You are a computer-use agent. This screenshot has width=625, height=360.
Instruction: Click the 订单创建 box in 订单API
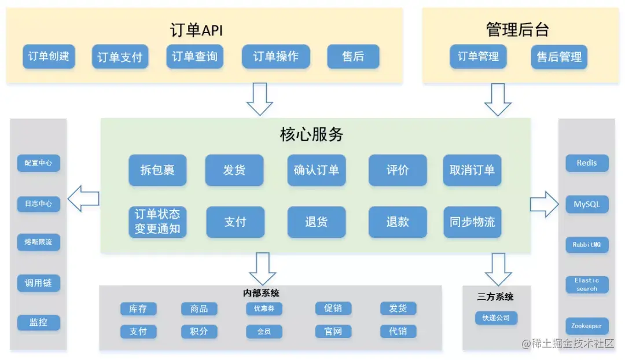(49, 57)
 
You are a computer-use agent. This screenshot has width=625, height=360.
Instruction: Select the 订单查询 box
(194, 57)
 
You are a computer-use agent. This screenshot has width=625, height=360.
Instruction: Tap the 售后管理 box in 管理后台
(559, 57)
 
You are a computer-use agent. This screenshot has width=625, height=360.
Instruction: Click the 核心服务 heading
(311, 135)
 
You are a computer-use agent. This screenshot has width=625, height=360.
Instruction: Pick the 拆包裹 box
(157, 170)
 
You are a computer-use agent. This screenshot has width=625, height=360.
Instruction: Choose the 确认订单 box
(316, 170)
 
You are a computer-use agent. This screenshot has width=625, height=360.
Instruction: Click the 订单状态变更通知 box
(157, 222)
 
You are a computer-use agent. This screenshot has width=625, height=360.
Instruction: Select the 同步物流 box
(472, 222)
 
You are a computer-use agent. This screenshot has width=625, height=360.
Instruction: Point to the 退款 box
(398, 222)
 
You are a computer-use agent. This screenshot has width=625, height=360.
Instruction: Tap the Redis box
(587, 163)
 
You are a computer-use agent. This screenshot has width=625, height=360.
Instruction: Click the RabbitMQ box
(587, 245)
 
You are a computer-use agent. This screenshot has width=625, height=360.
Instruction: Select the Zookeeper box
(587, 326)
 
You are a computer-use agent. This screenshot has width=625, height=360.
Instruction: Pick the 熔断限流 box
(38, 242)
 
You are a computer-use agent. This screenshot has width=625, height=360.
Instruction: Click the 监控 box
(38, 322)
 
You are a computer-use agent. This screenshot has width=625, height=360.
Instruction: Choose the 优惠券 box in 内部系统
(264, 308)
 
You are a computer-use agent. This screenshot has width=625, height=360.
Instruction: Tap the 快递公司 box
(496, 318)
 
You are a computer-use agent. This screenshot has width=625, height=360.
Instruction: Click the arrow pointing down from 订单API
(259, 99)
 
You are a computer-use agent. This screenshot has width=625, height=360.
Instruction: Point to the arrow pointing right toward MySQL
(544, 204)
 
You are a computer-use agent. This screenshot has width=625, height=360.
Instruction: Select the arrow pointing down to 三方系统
(498, 269)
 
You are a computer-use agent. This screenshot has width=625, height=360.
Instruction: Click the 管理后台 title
(517, 30)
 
